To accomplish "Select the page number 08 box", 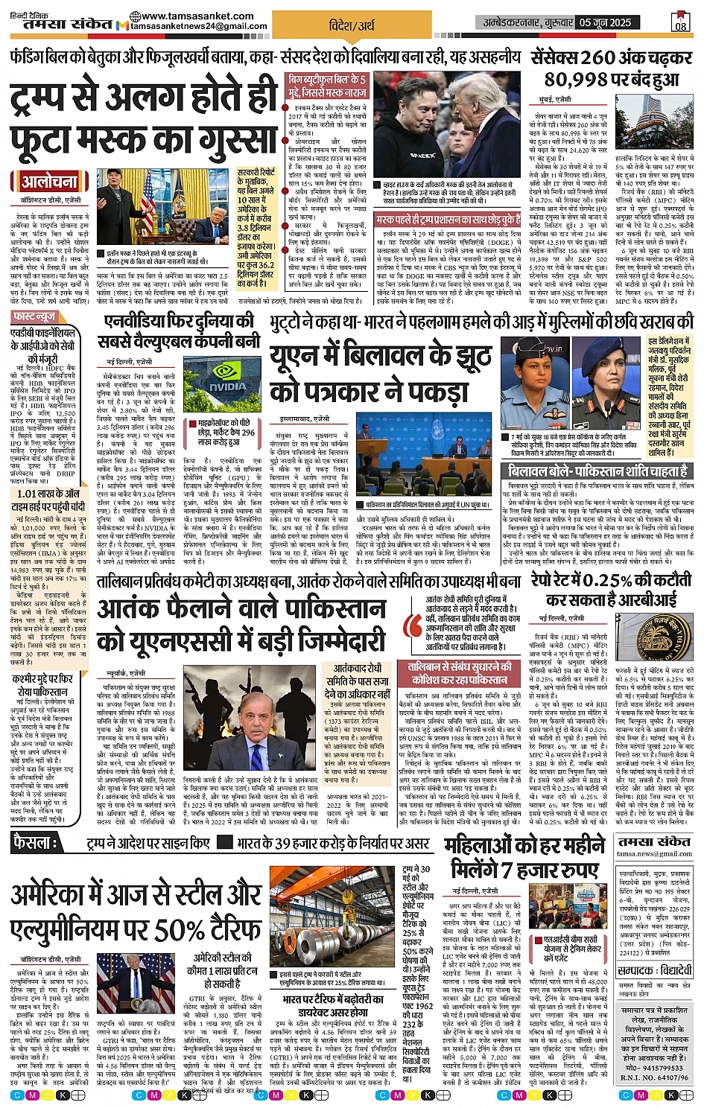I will click(680, 22).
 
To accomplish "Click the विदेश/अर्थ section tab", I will click(352, 25).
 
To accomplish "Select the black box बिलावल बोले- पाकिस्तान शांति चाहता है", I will click(597, 471).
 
